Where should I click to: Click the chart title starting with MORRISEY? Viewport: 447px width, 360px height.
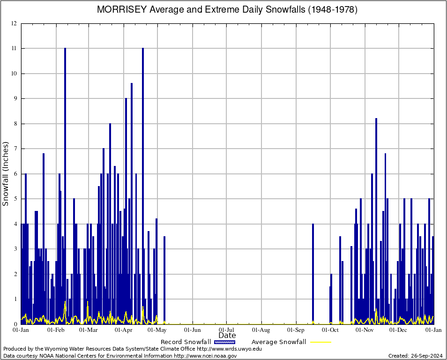(227, 10)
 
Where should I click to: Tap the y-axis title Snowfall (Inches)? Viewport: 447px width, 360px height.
(6, 174)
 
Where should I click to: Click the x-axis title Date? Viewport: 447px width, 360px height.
(227, 335)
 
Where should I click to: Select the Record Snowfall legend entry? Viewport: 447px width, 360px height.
(199, 342)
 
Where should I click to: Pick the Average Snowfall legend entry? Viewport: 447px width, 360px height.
(291, 342)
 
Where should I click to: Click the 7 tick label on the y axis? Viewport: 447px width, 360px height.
(15, 149)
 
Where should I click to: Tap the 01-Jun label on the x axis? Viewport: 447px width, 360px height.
(192, 330)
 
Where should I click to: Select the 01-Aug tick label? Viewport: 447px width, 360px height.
(261, 330)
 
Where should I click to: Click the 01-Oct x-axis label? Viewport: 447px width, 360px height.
(330, 330)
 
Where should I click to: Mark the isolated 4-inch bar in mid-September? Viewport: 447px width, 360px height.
(313, 274)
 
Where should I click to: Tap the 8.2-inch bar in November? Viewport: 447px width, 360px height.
(376, 220)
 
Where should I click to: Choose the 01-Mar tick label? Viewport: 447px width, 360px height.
(88, 330)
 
